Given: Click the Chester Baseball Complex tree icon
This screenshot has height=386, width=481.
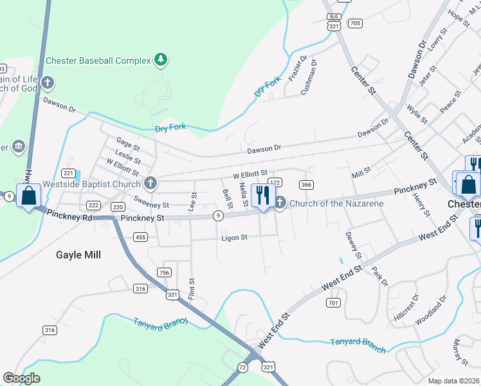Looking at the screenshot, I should pyautogui.click(x=160, y=60).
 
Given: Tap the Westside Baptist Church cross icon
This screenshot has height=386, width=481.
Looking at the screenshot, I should pyautogui.click(x=150, y=184).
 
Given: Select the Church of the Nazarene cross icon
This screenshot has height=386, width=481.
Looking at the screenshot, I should pyautogui.click(x=280, y=203).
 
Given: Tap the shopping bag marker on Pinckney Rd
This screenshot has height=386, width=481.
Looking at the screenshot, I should pyautogui.click(x=29, y=196).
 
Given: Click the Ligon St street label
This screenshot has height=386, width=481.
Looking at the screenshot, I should pyautogui.click(x=235, y=238).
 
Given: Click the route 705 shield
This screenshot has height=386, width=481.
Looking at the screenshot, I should pyautogui.click(x=355, y=23).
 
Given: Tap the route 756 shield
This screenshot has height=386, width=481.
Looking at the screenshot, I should pyautogui.click(x=165, y=273).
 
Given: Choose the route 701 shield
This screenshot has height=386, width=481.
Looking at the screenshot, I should pyautogui.click(x=332, y=302).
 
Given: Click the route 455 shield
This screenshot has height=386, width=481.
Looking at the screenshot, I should pyautogui.click(x=140, y=237).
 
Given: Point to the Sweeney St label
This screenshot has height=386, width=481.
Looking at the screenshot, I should pyautogui.click(x=152, y=205).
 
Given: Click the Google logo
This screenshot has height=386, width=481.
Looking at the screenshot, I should pyautogui.click(x=21, y=378).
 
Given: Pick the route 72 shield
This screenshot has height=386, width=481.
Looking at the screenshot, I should pyautogui.click(x=242, y=367).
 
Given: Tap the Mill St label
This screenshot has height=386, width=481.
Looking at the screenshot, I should pyautogui.click(x=362, y=174).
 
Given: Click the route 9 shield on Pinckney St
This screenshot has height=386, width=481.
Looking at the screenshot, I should pyautogui.click(x=219, y=216).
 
